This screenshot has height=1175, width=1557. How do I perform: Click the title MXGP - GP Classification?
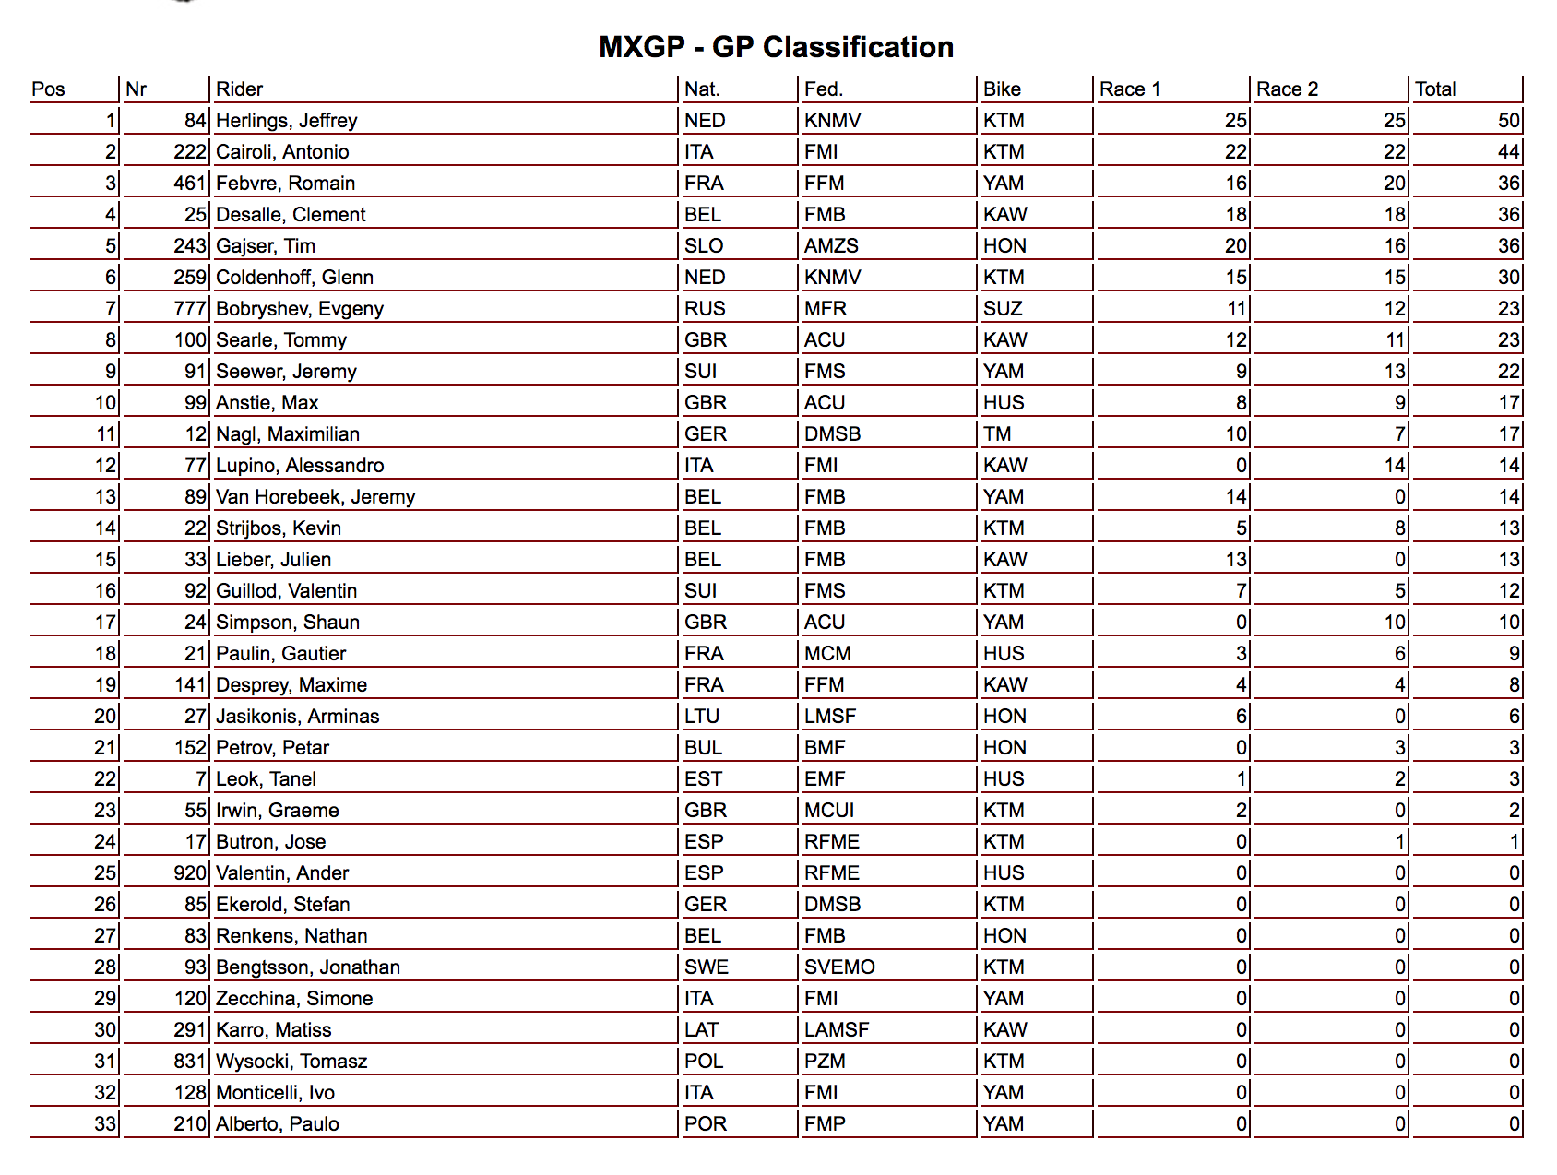[776, 47]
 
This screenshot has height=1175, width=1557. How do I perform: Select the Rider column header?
[239, 89]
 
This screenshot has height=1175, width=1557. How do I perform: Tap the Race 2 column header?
[1287, 89]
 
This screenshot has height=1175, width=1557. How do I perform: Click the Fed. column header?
[823, 89]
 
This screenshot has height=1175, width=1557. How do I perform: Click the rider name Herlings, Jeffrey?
[286, 121]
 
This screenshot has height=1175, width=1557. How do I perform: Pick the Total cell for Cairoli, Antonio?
[1508, 152]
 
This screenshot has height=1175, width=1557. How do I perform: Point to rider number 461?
[189, 184]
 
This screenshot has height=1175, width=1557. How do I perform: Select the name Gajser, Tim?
[266, 246]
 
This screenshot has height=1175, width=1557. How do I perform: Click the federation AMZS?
[831, 246]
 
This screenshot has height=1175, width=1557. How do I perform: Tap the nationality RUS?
[705, 309]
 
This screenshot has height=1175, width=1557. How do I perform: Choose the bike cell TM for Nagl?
[997, 434]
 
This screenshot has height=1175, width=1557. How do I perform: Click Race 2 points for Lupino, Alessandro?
[1395, 466]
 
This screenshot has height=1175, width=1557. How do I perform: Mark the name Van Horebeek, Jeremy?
[315, 497]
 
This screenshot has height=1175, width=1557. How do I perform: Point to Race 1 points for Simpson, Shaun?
[1242, 623]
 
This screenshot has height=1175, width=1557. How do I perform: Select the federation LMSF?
[830, 717]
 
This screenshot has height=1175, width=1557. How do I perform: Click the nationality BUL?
[703, 748]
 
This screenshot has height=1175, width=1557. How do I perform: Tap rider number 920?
[189, 873]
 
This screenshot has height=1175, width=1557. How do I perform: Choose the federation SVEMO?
[839, 967]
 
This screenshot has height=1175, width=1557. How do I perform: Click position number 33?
[105, 1124]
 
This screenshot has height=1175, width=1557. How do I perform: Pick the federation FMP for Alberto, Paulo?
[825, 1124]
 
